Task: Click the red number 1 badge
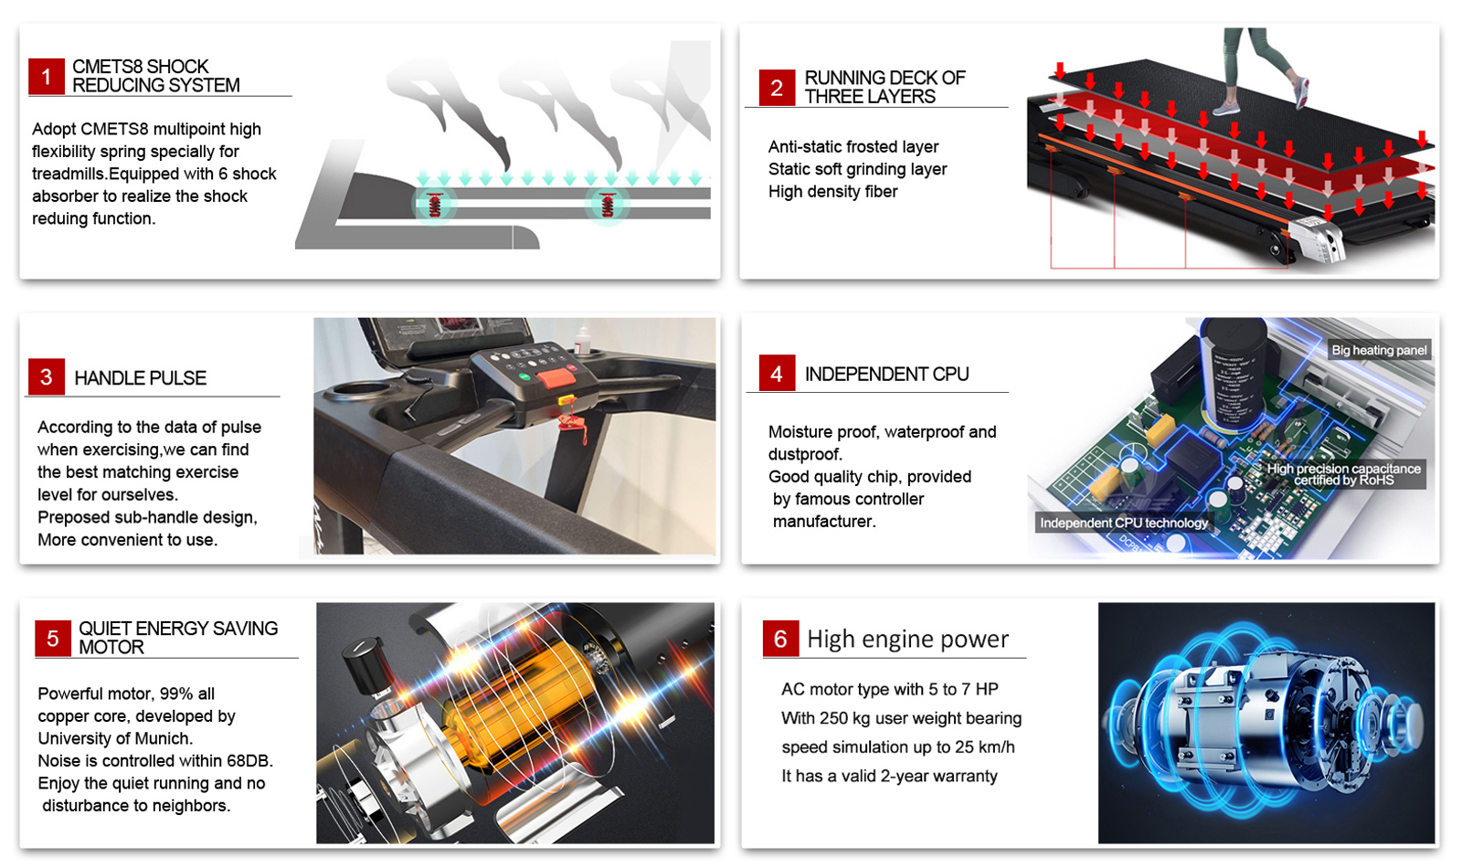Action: pos(47,77)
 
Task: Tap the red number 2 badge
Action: pos(777,88)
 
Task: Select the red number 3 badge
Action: pos(47,376)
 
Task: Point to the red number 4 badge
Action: pos(777,374)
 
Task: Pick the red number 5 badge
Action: pos(53,639)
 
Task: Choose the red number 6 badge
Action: pos(780,639)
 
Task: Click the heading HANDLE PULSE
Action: pos(141,378)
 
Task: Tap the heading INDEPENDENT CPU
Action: pos(886,374)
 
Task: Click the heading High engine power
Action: pos(908,639)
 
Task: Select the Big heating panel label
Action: pos(1379,350)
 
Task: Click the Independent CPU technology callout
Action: pos(1124,523)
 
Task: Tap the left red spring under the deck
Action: pos(435,205)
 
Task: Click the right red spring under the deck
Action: pos(608,205)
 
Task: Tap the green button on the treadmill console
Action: pos(524,376)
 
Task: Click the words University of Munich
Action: pos(115,739)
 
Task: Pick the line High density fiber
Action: pos(832,192)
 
